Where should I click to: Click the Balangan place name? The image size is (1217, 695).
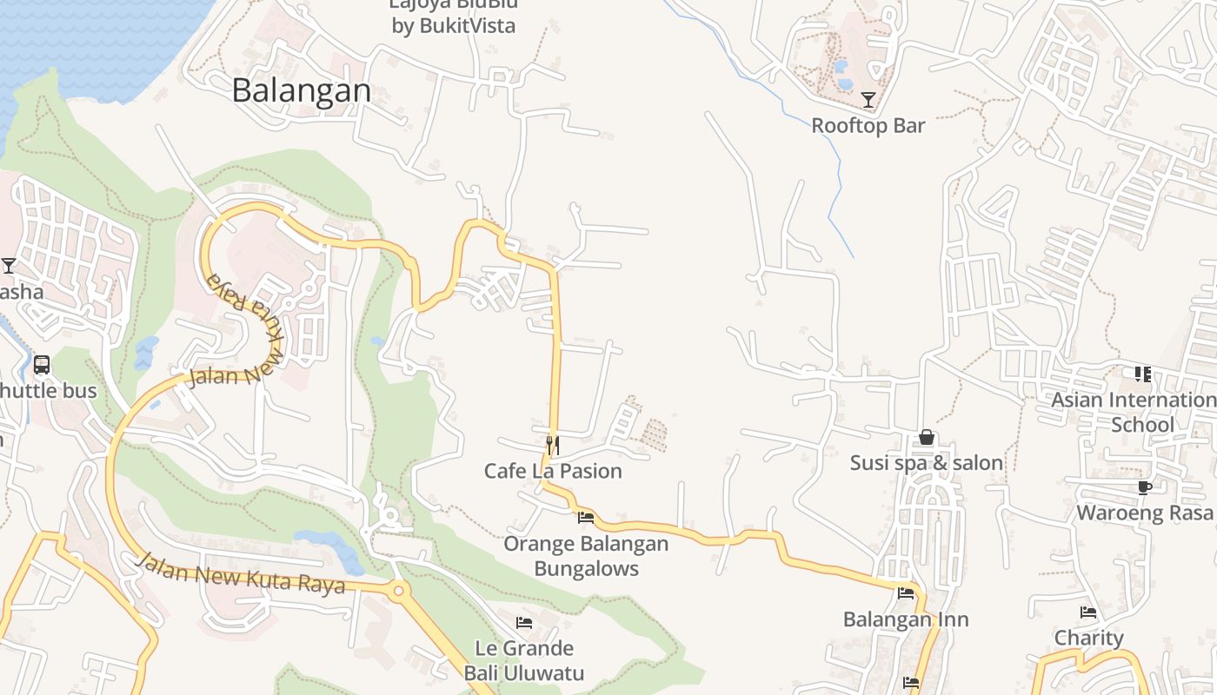[x=302, y=90]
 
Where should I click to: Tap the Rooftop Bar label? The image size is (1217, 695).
[x=868, y=125]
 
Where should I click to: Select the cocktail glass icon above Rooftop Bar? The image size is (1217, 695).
[x=868, y=99]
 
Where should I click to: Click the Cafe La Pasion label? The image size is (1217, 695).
[x=553, y=471]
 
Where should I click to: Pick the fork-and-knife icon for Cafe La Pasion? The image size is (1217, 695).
[x=552, y=446]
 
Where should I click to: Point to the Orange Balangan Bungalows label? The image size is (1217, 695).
[x=586, y=556]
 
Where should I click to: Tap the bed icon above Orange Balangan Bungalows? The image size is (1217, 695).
[x=586, y=518]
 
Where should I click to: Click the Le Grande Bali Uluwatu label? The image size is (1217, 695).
[x=524, y=660]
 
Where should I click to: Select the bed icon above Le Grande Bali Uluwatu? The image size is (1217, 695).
[x=524, y=622]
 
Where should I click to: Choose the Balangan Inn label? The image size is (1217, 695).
[x=906, y=619]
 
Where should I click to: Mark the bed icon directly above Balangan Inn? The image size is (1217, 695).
[x=906, y=594]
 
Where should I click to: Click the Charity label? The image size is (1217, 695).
[x=1088, y=638]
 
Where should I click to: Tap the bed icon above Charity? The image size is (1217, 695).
[x=1088, y=612]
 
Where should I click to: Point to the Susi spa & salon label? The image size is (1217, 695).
[x=927, y=462]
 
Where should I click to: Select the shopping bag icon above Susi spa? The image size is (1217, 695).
[x=927, y=437]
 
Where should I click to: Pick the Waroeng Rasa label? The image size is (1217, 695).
[x=1145, y=513]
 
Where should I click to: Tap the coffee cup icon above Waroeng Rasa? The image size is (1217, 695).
[x=1144, y=487]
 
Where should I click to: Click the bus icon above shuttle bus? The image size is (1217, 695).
[x=42, y=365]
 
